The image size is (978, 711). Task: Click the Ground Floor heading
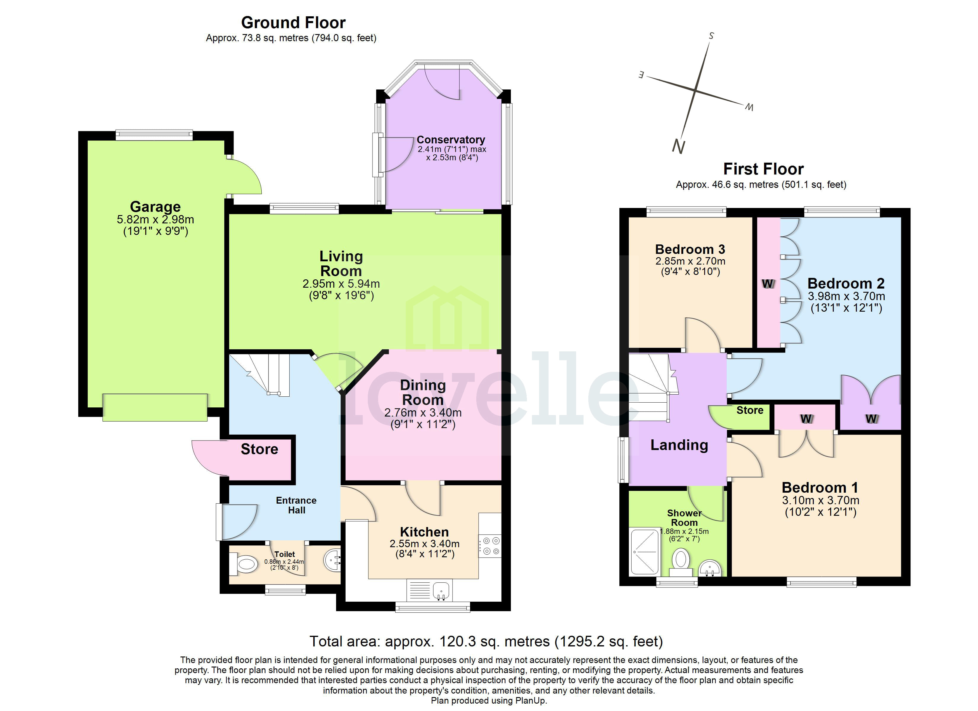293,23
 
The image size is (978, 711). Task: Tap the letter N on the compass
678,147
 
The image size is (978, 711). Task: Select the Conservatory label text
451,140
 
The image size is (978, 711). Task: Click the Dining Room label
423,392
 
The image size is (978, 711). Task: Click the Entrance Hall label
296,505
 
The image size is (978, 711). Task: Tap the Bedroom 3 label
690,249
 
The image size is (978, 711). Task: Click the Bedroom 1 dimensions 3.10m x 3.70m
820,500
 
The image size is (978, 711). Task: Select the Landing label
679,445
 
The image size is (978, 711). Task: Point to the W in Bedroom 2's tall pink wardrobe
768,284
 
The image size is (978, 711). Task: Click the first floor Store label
750,410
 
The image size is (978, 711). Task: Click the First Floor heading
763,169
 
